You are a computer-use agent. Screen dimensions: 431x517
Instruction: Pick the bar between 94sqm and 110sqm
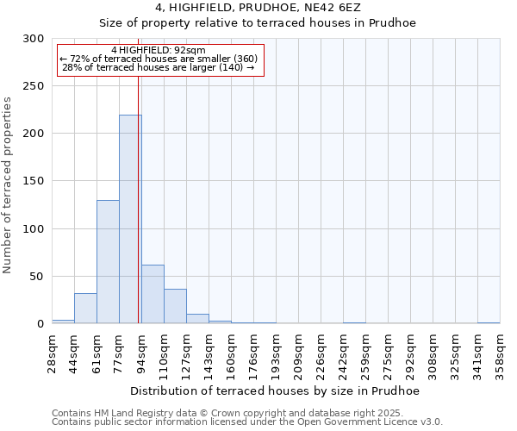pos(153,294)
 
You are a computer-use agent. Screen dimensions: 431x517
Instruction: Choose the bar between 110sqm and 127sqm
pos(175,306)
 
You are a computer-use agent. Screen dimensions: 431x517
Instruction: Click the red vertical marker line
pos(139,198)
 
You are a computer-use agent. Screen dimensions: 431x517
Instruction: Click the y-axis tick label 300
pos(34,39)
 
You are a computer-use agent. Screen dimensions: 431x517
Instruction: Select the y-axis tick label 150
pos(34,182)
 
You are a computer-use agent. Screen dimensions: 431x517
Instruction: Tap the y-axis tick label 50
pos(37,277)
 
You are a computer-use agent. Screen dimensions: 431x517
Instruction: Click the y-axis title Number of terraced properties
pos(8,184)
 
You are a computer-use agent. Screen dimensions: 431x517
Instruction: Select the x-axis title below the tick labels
pos(276,391)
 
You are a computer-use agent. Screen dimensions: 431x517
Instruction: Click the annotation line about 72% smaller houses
pos(159,59)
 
